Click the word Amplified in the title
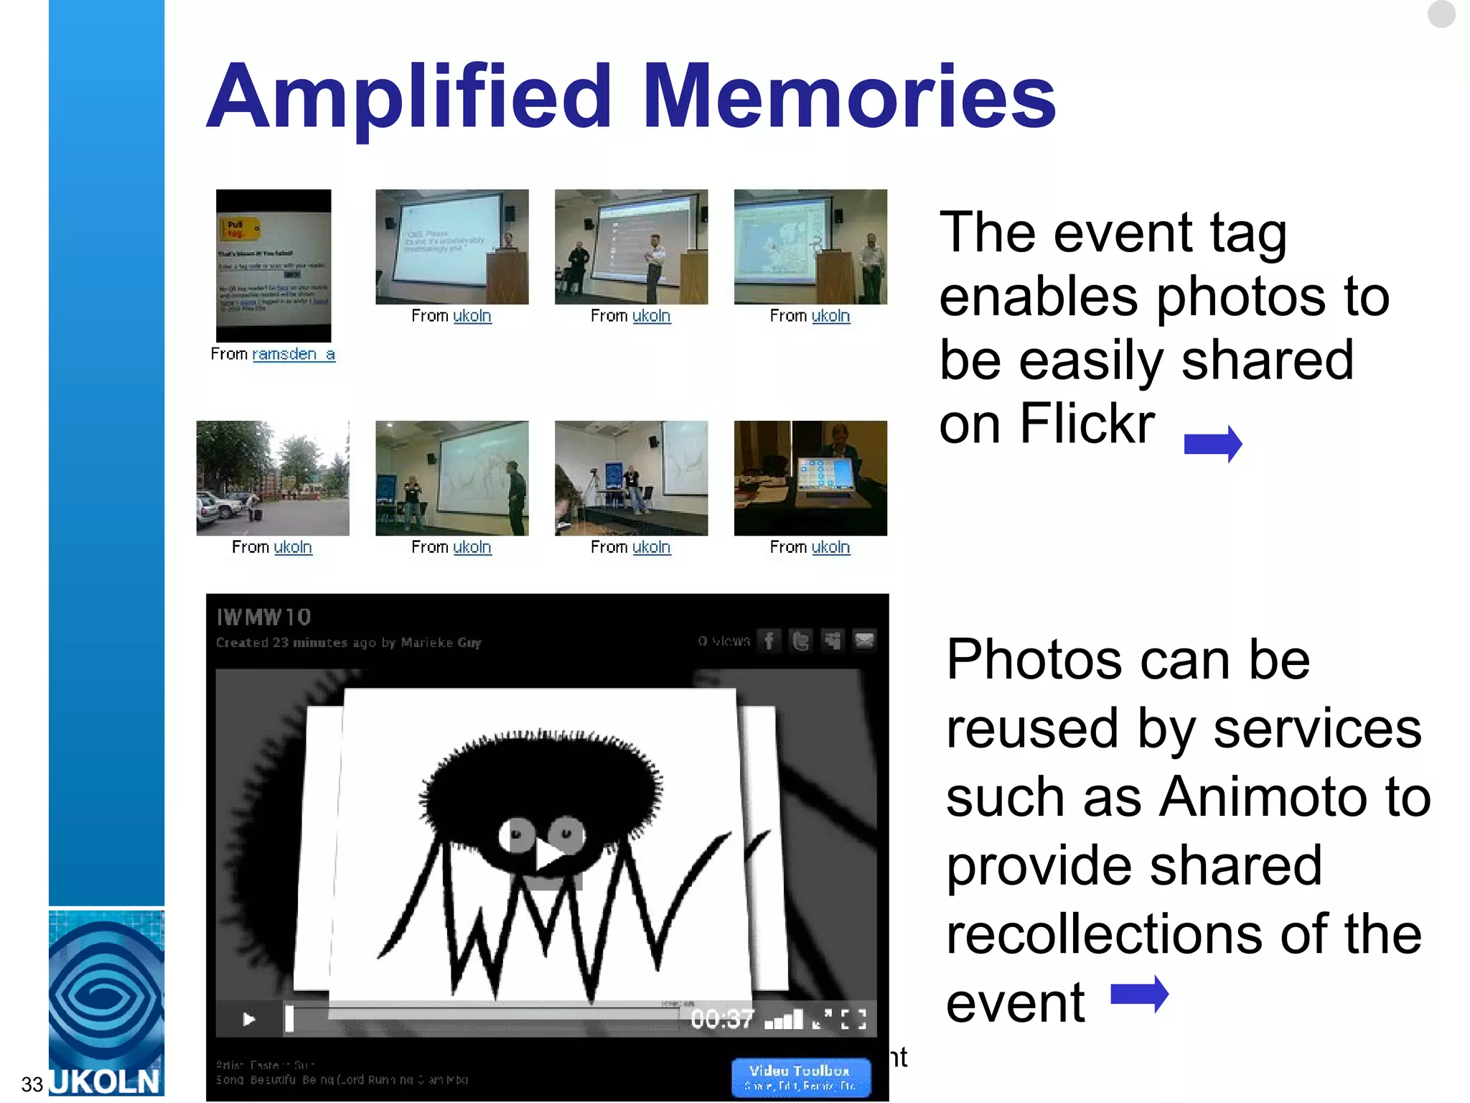pyautogui.click(x=409, y=97)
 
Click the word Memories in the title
pyautogui.click(x=848, y=97)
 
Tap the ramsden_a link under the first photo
pyautogui.click(x=293, y=354)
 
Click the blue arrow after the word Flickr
pyautogui.click(x=1212, y=444)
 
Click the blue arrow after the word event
pyautogui.click(x=1139, y=995)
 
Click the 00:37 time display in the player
pyautogui.click(x=722, y=1018)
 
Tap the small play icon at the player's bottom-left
pyautogui.click(x=248, y=1019)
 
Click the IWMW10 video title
pyautogui.click(x=263, y=617)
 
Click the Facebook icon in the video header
pyautogui.click(x=769, y=640)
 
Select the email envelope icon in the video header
pyautogui.click(x=864, y=640)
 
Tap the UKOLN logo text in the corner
pyautogui.click(x=106, y=1081)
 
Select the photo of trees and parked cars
pyautogui.click(x=273, y=478)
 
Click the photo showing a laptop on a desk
pyautogui.click(x=810, y=478)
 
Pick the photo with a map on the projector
pyautogui.click(x=810, y=246)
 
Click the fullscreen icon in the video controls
pyautogui.click(x=853, y=1019)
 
